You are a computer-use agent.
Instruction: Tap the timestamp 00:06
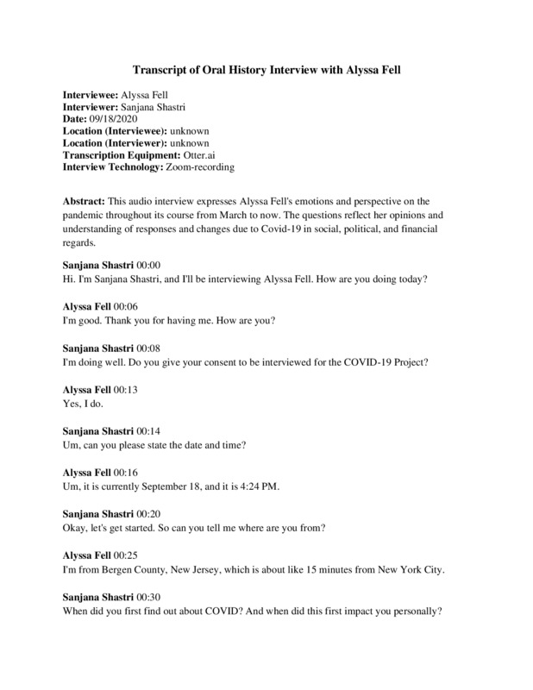click(122, 305)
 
